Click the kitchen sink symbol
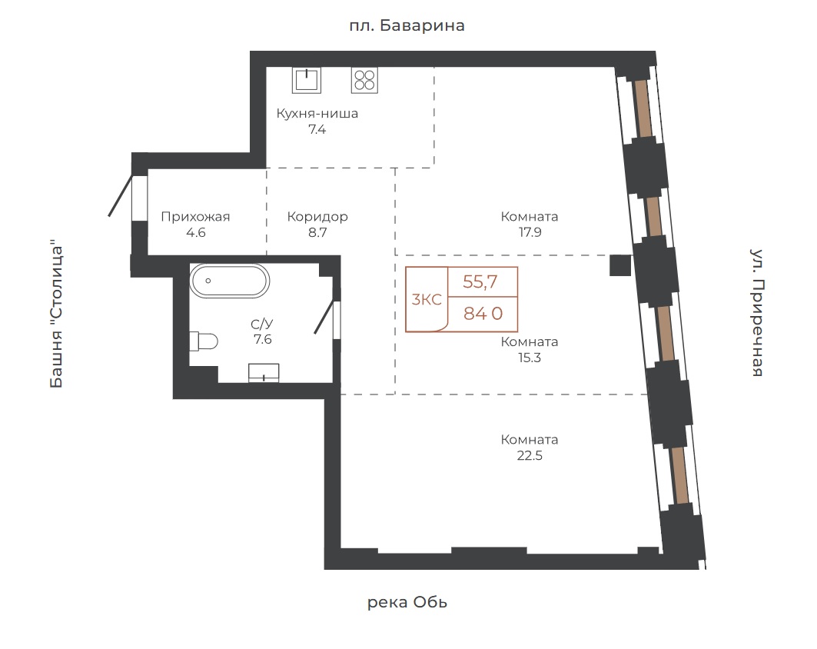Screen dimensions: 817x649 307,80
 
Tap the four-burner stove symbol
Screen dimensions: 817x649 364,80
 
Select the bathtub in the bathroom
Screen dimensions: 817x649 229,281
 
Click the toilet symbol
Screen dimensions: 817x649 203,341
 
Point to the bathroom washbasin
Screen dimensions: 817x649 264,373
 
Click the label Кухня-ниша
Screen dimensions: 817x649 317,114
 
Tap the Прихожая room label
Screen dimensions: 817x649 195,217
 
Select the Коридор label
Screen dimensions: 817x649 317,217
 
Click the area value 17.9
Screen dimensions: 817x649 530,232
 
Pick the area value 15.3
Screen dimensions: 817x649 530,358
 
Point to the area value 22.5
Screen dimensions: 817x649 530,455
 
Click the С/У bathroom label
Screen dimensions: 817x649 261,324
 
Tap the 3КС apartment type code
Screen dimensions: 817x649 427,300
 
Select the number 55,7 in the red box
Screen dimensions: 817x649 480,282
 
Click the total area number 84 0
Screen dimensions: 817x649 483,313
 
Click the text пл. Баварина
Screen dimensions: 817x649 407,25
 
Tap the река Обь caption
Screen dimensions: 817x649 407,603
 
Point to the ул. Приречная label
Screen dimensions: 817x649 757,313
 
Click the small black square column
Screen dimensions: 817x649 620,265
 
